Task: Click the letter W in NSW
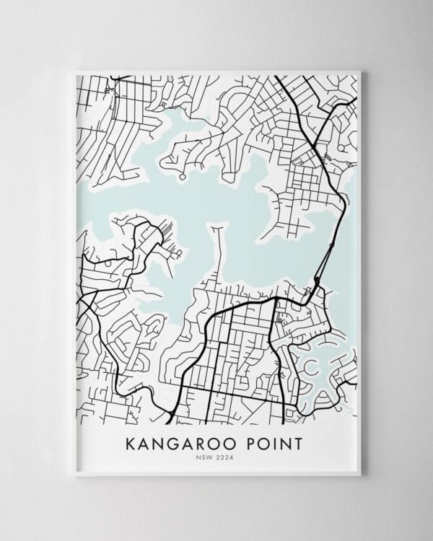pyautogui.click(x=212, y=456)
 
